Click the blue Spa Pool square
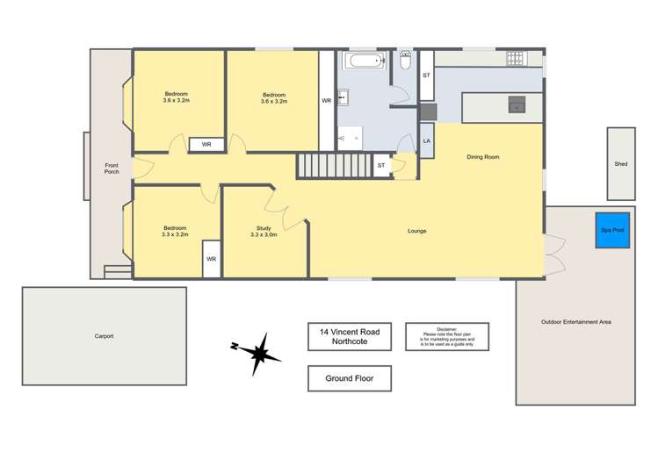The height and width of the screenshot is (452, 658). coord(612,229)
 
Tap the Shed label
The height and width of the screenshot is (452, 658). coord(620,163)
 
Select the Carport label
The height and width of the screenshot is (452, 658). coord(104,336)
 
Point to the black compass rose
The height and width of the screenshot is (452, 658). coord(256,354)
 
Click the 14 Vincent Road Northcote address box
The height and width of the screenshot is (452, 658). coord(350,336)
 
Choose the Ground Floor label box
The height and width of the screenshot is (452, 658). coord(349,378)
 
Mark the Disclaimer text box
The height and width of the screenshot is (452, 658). coord(446,336)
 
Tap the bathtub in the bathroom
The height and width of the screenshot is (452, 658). coord(364,61)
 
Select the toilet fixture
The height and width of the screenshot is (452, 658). coord(405,61)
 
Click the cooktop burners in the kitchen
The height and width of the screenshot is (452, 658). coord(514,59)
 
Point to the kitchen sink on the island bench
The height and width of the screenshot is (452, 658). coord(517,107)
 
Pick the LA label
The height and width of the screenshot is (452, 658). coord(426,140)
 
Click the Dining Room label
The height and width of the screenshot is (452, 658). coord(482,157)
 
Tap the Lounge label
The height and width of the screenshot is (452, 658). coord(416,231)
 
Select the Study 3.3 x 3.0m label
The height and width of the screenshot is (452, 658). coord(264,231)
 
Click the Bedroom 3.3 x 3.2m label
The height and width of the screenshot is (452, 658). coord(175,231)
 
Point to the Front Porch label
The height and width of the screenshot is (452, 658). coord(112,168)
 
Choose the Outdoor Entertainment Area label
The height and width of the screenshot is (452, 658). coord(575,322)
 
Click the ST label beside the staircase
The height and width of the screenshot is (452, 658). coord(380,165)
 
